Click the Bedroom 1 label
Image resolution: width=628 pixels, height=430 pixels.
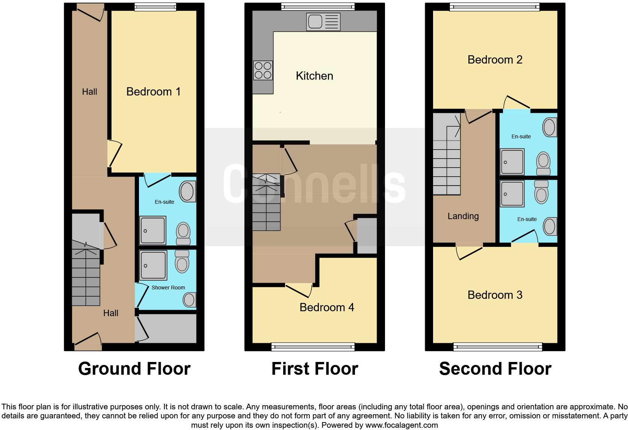(153, 92)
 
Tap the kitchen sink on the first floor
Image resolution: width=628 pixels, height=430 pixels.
(323, 22)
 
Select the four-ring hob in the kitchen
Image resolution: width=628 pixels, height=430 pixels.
(263, 70)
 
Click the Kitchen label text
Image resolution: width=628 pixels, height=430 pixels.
(314, 76)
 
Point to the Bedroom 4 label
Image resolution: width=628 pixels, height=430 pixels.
(327, 307)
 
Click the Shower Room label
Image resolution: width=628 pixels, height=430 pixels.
(168, 288)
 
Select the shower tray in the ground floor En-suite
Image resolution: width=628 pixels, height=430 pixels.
(153, 230)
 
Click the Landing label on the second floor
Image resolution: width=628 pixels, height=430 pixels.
(463, 216)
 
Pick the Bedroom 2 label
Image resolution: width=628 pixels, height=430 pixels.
(495, 60)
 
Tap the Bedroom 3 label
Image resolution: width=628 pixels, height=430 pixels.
(495, 295)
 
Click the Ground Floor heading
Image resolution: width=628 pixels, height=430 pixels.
(134, 369)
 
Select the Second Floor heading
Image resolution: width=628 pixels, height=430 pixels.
(495, 369)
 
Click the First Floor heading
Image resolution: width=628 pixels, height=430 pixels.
(315, 369)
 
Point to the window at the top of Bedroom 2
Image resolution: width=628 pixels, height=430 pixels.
(495, 7)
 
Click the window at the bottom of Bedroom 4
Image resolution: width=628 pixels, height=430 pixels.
(313, 347)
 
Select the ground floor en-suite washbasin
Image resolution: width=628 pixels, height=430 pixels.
(187, 191)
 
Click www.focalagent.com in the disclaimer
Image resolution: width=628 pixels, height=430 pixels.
(401, 425)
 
